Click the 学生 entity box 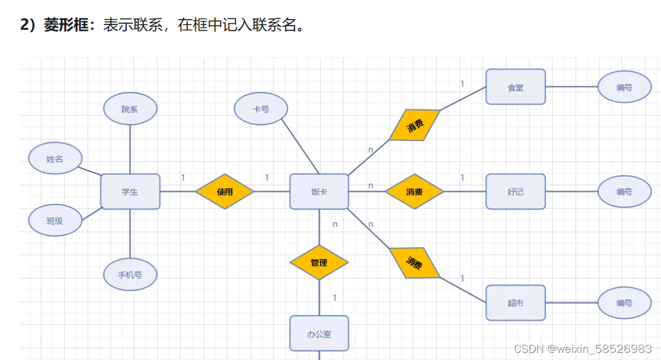(x=130, y=192)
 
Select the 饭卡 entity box (x=319, y=192)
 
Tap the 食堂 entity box (x=515, y=87)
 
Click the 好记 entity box (x=515, y=192)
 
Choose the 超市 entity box (x=515, y=303)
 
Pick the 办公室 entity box (x=319, y=334)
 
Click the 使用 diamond (x=225, y=192)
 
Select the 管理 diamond (x=319, y=262)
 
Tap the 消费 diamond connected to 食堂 (x=415, y=125)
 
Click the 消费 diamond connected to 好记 (x=414, y=192)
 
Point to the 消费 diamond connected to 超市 (x=415, y=262)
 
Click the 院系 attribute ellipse (x=130, y=109)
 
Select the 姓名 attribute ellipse (x=55, y=158)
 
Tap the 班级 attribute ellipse (x=55, y=220)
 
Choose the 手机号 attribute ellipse (x=130, y=275)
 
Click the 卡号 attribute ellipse (x=261, y=109)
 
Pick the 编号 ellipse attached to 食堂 (x=624, y=87)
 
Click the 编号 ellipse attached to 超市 (x=624, y=303)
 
